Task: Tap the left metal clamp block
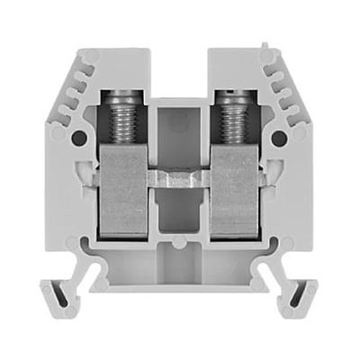tap(124, 193)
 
